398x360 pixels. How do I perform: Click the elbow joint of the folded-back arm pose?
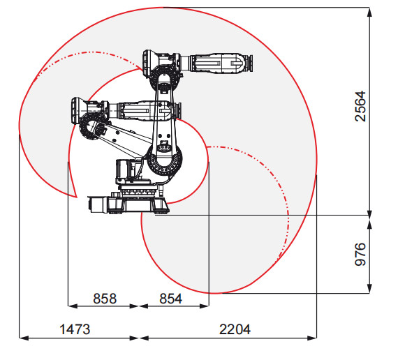(x=90, y=128)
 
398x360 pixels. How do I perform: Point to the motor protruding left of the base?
(x=97, y=203)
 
